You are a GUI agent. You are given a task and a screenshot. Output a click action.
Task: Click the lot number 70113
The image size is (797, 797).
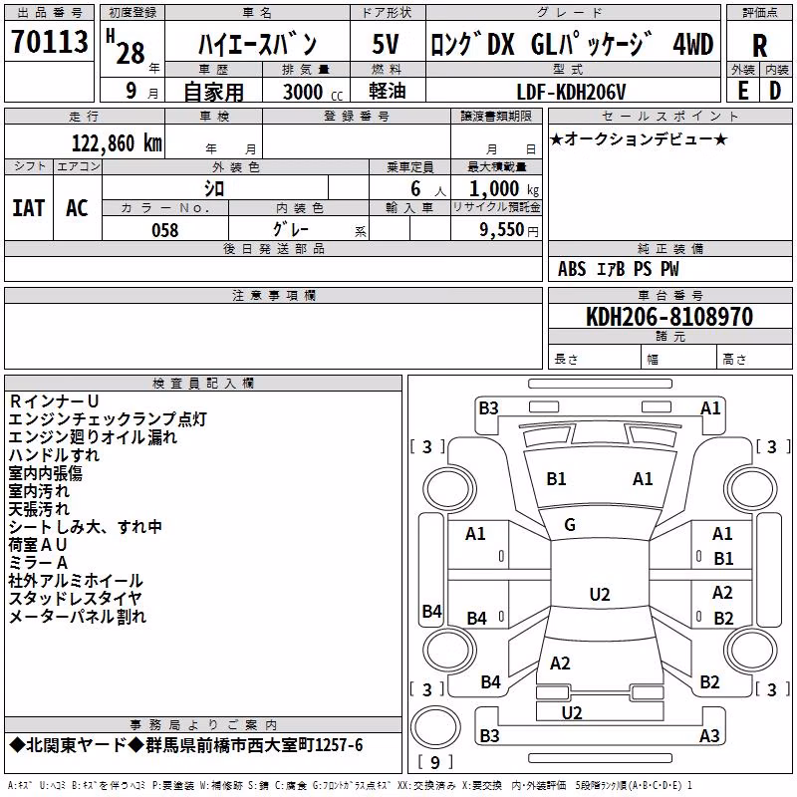(x=49, y=42)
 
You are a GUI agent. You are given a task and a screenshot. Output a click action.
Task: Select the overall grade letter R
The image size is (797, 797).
(x=759, y=46)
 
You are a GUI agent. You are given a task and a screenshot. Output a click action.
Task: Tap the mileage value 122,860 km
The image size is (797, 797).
(x=117, y=143)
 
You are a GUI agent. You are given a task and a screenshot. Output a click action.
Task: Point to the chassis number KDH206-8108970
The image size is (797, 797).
(x=669, y=317)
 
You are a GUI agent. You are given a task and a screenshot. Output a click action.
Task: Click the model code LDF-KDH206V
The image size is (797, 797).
(x=571, y=92)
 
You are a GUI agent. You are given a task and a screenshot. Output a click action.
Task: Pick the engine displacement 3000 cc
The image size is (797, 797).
(x=313, y=92)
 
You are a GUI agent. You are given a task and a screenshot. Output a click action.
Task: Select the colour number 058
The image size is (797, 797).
(x=164, y=230)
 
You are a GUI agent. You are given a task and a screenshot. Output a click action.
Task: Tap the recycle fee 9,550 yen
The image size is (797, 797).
(x=509, y=230)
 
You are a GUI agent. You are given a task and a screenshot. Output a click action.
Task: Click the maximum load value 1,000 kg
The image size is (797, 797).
(x=504, y=189)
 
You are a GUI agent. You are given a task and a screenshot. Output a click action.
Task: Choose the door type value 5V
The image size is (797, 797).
(x=386, y=44)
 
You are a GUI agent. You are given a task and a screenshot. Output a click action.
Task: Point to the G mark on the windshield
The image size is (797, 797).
(x=570, y=525)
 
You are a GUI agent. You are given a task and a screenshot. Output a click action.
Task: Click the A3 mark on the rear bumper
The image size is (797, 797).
(x=709, y=735)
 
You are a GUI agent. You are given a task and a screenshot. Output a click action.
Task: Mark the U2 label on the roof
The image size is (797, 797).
(x=600, y=594)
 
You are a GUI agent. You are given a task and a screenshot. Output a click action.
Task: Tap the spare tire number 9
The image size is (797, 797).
(x=434, y=762)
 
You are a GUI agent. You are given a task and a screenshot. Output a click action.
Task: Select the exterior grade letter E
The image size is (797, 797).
(x=742, y=91)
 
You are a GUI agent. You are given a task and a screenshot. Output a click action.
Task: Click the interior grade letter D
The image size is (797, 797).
(x=775, y=91)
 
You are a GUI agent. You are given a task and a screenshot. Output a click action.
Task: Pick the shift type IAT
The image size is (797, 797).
(x=29, y=208)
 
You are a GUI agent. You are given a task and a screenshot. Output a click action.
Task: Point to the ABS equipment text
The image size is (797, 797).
(x=572, y=269)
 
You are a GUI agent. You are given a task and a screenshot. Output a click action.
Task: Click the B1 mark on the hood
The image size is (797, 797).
(x=556, y=479)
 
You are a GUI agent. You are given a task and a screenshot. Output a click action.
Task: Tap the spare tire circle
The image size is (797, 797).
(x=435, y=727)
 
